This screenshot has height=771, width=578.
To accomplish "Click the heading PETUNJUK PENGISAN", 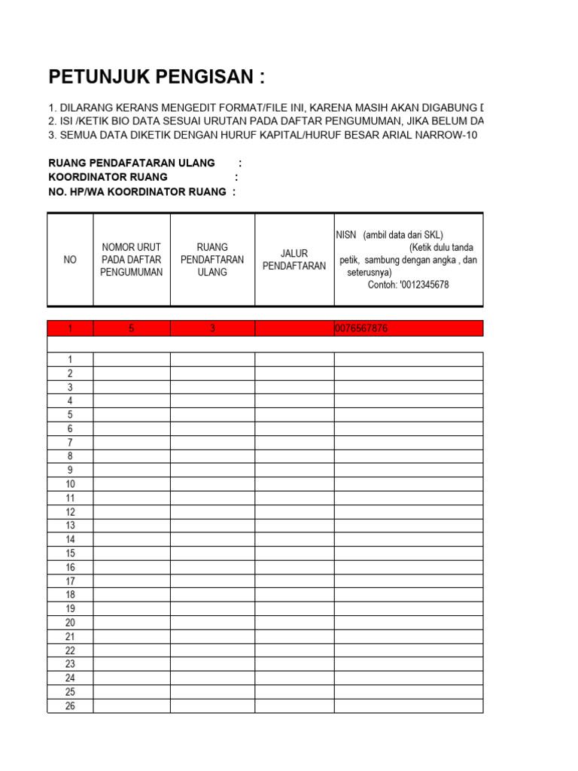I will pos(157,77).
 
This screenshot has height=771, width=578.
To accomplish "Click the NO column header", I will pos(70,260).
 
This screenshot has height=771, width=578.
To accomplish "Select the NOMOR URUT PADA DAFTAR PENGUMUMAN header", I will pos(132,260).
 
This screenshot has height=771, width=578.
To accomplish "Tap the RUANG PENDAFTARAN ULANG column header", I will pos(212,260).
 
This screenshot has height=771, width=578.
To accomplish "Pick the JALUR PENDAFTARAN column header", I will pos(294,260).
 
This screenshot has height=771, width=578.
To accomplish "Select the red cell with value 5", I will pos(132,328).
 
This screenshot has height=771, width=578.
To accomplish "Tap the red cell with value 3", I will pos(212,328).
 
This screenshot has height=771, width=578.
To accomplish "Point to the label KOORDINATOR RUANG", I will pos(108,177).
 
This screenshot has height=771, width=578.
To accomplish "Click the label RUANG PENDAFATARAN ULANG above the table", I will pos(132,163).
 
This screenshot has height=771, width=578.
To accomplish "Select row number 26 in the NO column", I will pos(70,706).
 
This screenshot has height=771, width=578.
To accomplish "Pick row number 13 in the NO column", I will pos(70,526).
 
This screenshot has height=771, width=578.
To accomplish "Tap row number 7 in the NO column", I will pos(70,443).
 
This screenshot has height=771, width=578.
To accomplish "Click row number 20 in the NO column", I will pos(70,623).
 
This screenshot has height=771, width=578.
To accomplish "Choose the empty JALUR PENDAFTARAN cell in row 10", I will pos(294,484).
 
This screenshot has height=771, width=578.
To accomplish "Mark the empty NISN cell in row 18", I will pos(408,595).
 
